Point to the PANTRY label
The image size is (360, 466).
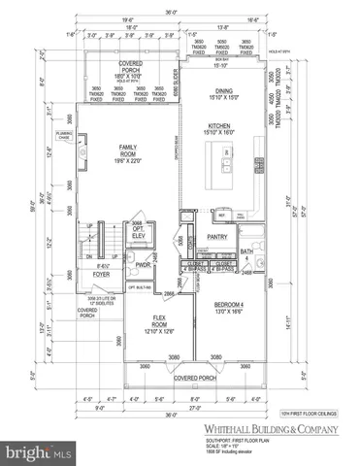click(216, 235)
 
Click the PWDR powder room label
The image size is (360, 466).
click(144, 263)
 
